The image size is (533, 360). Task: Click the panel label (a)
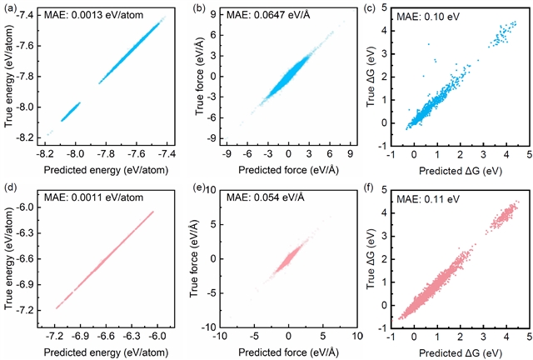point(12,9)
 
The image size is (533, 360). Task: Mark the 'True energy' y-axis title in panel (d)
point(12,254)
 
